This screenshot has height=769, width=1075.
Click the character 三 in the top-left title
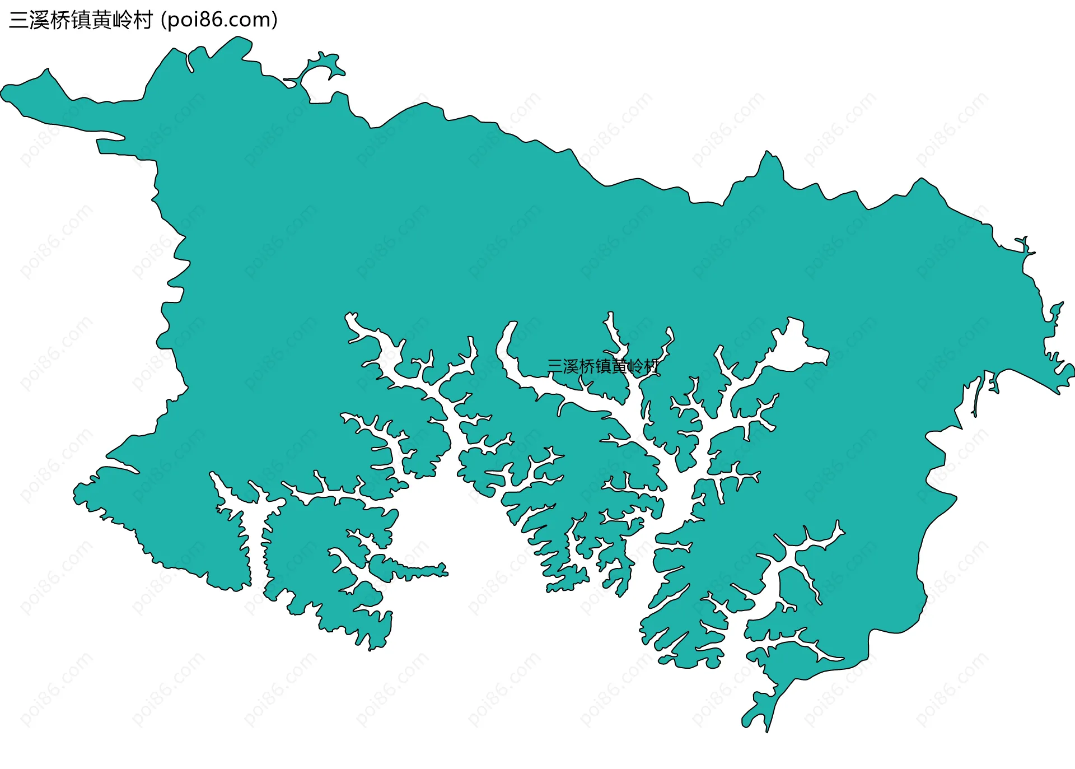coord(19,20)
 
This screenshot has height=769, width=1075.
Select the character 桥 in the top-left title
coord(60,20)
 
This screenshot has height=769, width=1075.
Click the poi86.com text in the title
coord(219,20)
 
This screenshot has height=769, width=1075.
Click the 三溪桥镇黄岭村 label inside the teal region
coord(603,367)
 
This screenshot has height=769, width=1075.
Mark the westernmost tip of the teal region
coord(2,93)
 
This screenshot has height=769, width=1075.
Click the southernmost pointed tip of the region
coord(766,730)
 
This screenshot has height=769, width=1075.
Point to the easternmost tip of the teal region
coord(1072,370)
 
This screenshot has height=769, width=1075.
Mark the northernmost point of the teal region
coord(240,38)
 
